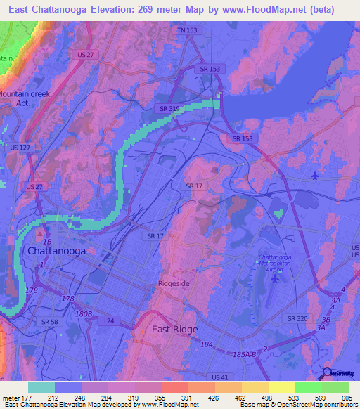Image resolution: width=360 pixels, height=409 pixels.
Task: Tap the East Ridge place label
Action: click(175, 328)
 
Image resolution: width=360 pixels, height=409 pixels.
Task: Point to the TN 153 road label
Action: click(188, 31)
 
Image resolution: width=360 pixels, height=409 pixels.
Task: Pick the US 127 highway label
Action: click(20, 148)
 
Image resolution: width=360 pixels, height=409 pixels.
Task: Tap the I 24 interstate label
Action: click(109, 320)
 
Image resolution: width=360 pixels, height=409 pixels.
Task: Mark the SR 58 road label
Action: click(49, 321)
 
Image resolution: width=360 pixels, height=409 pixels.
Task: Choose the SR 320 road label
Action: click(297, 318)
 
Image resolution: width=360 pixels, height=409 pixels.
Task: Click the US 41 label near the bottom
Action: click(221, 378)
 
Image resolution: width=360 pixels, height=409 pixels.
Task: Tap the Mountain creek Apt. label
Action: click(20, 98)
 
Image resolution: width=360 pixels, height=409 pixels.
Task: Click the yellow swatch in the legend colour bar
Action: click(281, 387)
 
